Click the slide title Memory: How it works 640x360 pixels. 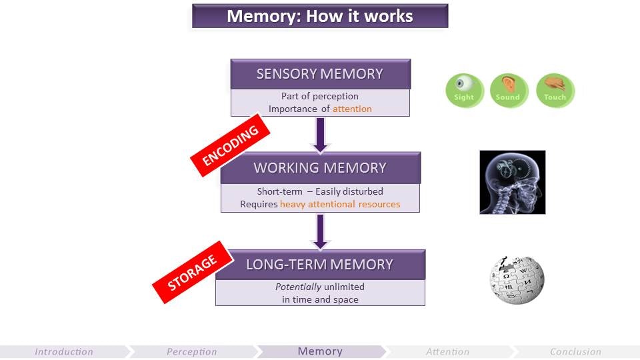pos(320,16)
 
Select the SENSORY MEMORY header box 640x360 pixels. pos(320,74)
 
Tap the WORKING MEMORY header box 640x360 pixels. pos(321,167)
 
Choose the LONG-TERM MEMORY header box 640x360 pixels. pos(320,264)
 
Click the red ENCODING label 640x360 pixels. pos(230,145)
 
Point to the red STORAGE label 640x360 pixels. pos(192,273)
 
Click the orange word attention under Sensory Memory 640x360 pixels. pos(352,109)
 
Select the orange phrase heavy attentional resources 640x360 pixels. pos(340,204)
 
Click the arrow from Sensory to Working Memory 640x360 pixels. pos(320,133)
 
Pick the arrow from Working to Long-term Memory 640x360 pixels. pos(320,230)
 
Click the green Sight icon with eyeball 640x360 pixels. pos(464,90)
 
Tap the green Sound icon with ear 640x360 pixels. pos(509,90)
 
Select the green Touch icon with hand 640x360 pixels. pos(555,90)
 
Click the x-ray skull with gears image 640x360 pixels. pos(512,182)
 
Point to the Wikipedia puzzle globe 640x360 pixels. pos(517,279)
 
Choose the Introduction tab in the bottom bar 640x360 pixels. pos(64,351)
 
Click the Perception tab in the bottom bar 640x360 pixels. pos(192,351)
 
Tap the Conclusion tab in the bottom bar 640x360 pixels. pos(575,351)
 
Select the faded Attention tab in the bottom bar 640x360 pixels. pos(447,351)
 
